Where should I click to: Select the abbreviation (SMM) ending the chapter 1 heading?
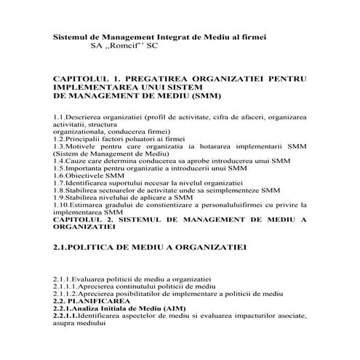[204, 95]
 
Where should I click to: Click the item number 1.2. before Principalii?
[60, 137]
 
